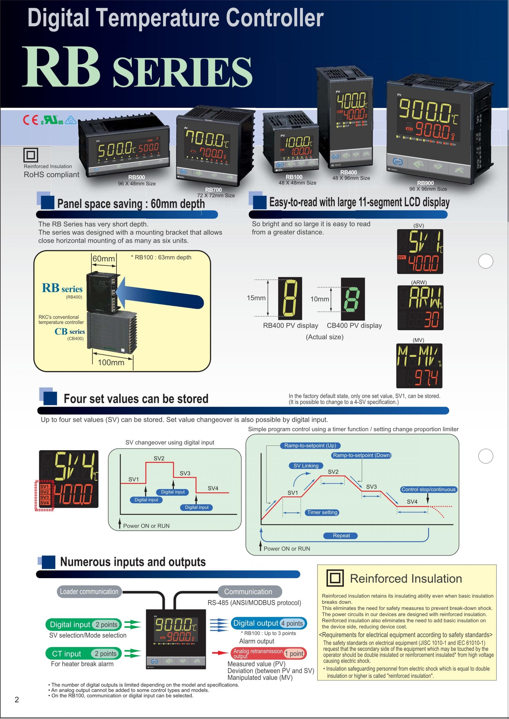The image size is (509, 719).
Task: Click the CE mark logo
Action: click(30, 120)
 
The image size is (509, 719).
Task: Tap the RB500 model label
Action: click(137, 177)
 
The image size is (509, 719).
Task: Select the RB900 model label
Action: click(425, 183)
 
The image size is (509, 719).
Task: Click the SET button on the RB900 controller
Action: click(398, 162)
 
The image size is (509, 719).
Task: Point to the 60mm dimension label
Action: click(103, 259)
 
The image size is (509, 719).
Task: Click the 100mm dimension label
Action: click(111, 362)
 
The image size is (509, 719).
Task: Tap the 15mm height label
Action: click(256, 298)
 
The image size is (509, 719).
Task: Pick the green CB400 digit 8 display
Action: click(353, 299)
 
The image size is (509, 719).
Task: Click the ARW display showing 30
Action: click(420, 307)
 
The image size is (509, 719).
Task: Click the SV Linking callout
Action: click(306, 466)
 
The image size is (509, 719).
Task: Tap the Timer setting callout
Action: click(322, 512)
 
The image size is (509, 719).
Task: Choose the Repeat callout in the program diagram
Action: click(341, 535)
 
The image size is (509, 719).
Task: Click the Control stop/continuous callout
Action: click(428, 489)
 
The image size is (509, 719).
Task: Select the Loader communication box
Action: click(89, 592)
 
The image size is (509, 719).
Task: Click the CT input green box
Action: click(83, 654)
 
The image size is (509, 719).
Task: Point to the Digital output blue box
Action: click(269, 623)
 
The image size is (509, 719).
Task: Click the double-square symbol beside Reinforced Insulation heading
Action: click(335, 578)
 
